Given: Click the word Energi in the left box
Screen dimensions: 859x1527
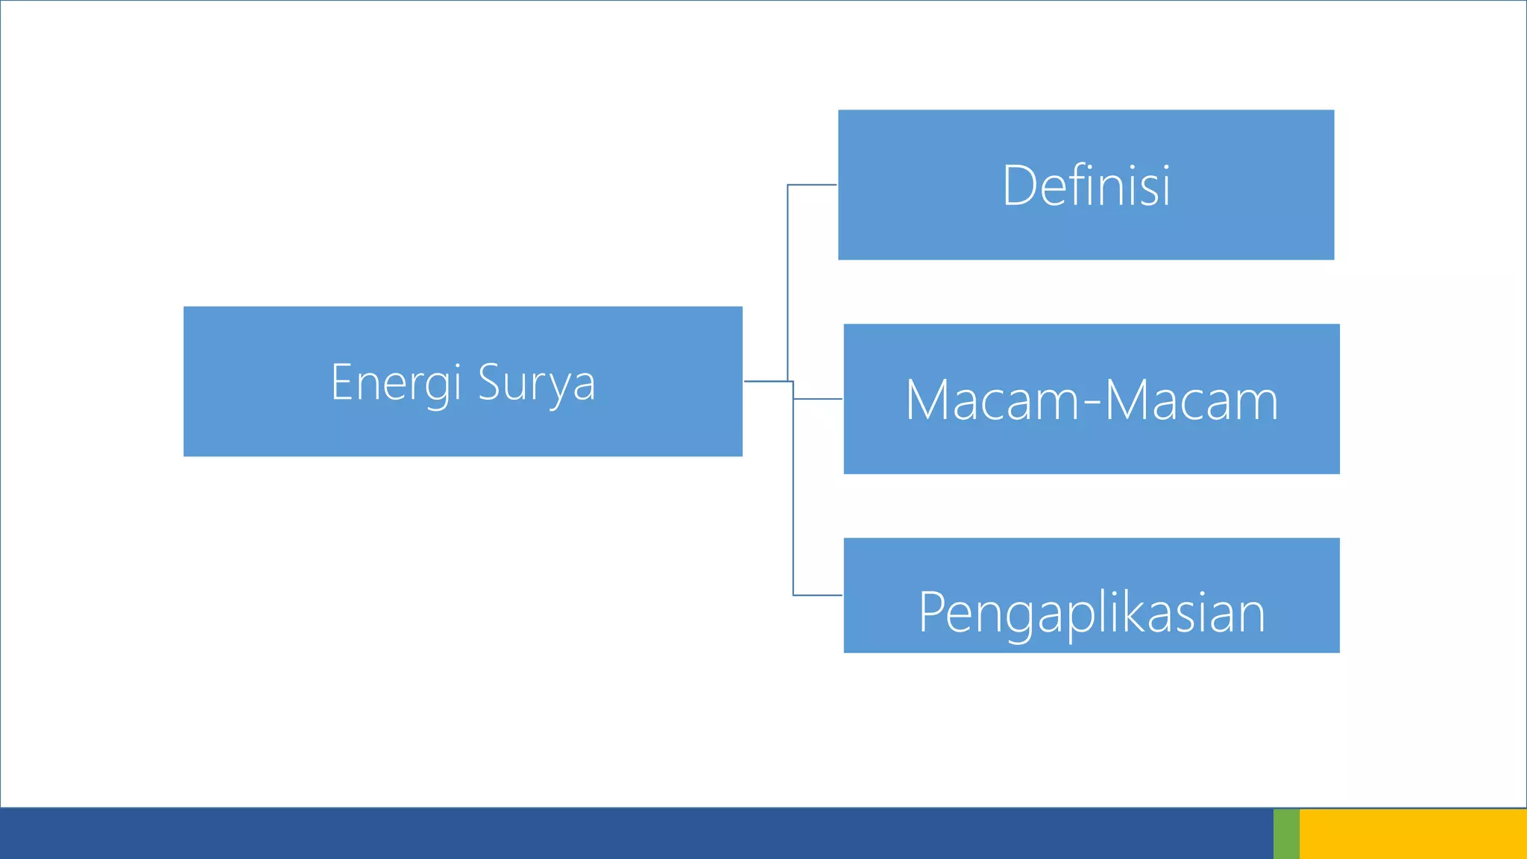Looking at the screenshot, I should (x=396, y=383).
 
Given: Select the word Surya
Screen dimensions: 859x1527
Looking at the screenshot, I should (x=536, y=383).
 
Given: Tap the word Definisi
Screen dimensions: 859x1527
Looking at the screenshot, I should (x=1086, y=186).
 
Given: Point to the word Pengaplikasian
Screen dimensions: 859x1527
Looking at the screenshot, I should (x=1092, y=613).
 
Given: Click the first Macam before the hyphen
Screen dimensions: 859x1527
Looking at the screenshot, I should (x=992, y=400).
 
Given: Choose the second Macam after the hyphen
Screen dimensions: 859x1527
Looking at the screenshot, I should (x=1191, y=400).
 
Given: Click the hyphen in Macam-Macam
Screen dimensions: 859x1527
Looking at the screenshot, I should (x=1092, y=403).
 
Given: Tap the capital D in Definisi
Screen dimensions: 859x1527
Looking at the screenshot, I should (x=1018, y=186).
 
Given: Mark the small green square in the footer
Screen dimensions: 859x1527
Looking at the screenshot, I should (x=1286, y=834).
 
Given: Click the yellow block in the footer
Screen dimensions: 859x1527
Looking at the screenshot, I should (x=1413, y=834).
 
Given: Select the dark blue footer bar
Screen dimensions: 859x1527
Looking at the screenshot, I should (x=634, y=834).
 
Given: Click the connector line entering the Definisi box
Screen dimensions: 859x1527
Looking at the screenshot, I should (x=813, y=185).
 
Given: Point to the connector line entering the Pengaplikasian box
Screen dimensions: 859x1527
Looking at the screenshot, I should (x=818, y=595).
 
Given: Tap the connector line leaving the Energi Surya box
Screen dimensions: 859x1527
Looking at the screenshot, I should (x=766, y=381).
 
